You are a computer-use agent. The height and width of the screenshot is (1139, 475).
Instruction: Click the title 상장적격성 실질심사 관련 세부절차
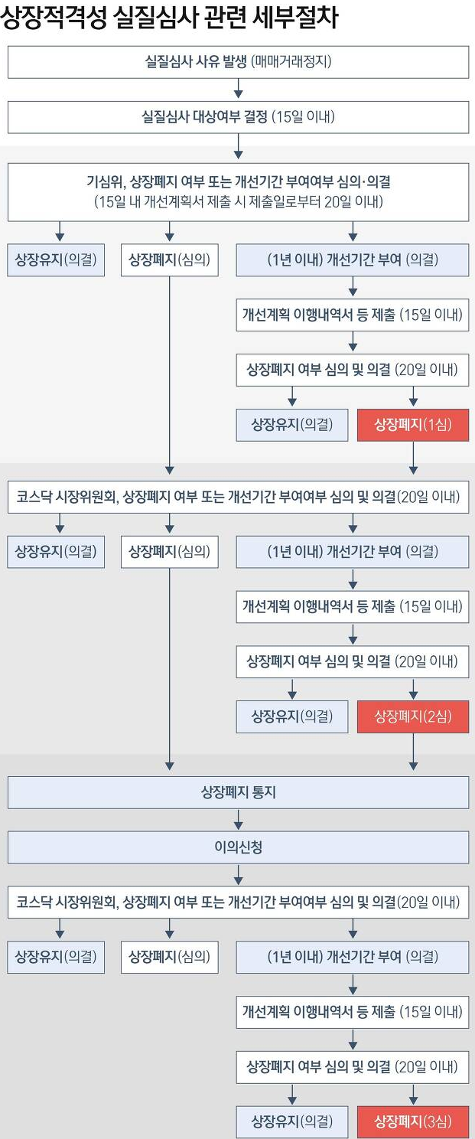tap(169, 18)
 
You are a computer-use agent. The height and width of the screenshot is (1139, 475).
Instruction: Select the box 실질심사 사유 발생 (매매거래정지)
tap(238, 62)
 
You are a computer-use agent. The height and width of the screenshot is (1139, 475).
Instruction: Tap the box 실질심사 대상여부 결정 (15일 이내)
tap(238, 117)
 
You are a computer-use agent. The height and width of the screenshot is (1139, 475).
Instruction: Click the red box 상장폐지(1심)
tap(412, 425)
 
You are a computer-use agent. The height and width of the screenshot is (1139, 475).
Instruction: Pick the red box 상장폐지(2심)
tap(412, 716)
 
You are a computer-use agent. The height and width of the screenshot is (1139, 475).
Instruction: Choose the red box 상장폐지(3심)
tap(412, 1122)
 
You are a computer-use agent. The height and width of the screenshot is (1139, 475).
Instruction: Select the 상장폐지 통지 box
tap(238, 793)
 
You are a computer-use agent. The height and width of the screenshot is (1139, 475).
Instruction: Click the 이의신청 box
tap(238, 847)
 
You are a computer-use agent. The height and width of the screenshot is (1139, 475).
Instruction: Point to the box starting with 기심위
tap(238, 192)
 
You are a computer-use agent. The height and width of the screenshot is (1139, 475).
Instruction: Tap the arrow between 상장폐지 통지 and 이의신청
tap(239, 821)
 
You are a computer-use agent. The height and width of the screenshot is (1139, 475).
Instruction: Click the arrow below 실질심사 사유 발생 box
tap(239, 90)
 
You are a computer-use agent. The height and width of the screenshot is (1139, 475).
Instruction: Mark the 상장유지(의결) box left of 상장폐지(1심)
tap(291, 425)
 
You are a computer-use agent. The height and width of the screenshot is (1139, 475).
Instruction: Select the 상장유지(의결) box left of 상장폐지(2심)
tap(291, 716)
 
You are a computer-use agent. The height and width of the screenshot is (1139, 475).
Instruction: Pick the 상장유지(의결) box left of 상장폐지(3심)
tap(291, 1122)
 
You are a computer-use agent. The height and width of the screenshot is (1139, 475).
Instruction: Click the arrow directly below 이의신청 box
tap(239, 875)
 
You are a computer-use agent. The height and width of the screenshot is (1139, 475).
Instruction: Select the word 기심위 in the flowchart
tap(102, 184)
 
